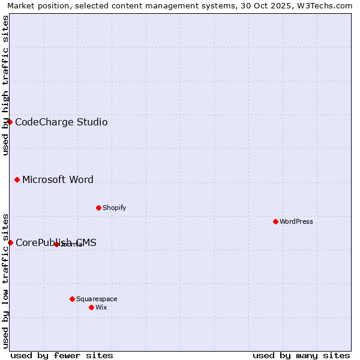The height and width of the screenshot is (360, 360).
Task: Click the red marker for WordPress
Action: click(275, 221)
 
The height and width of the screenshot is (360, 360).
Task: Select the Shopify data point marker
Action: click(98, 208)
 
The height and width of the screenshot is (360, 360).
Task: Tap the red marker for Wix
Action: click(91, 307)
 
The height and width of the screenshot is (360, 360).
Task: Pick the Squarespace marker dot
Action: click(72, 299)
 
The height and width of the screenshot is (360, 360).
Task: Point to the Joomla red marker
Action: click(56, 244)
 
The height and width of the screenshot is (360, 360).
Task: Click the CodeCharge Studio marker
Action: click(10, 122)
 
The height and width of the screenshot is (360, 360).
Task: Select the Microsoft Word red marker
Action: click(17, 179)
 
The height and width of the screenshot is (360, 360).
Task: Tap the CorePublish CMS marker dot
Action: click(10, 242)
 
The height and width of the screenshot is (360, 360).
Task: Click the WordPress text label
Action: click(296, 221)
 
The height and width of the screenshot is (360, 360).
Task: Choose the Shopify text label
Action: click(114, 208)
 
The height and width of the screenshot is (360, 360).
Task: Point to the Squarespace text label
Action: click(97, 299)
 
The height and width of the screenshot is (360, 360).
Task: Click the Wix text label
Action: click(101, 307)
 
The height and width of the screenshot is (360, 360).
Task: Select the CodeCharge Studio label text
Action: click(61, 122)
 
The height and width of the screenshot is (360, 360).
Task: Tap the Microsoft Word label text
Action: click(58, 179)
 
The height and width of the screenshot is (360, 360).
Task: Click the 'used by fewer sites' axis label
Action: click(62, 355)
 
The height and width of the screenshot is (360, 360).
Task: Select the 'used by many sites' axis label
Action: click(301, 355)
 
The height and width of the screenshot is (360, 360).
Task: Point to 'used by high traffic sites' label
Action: click(5, 85)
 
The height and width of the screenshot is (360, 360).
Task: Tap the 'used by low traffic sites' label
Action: click(5, 281)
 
